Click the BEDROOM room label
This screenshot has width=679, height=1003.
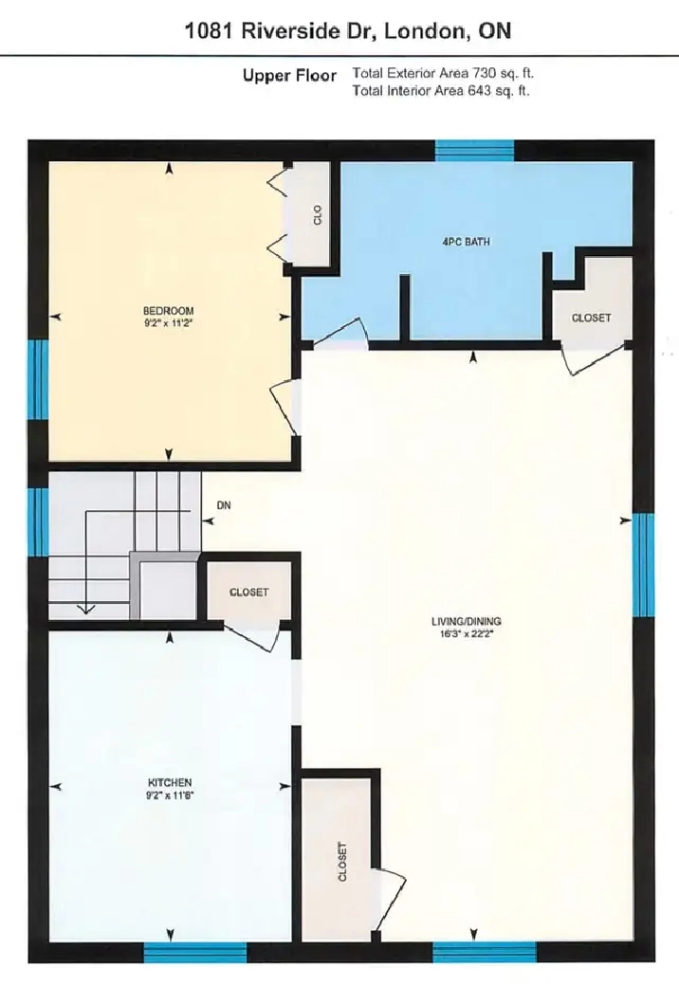click(168, 311)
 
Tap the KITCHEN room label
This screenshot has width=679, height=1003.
click(170, 782)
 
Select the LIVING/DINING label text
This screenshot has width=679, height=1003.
click(466, 621)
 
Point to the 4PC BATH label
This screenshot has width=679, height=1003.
click(466, 242)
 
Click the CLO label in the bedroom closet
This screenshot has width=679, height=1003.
click(318, 215)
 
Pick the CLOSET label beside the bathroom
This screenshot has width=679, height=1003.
click(591, 318)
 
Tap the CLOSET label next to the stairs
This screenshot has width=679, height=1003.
click(249, 593)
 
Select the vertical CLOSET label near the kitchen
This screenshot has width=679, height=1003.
click(342, 862)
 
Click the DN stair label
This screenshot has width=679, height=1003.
click(224, 505)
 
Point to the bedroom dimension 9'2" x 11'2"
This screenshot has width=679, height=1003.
click(168, 323)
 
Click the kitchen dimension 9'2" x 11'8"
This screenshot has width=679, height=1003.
click(170, 795)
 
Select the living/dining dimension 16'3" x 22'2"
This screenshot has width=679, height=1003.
click(466, 634)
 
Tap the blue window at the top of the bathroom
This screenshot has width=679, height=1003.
click(475, 151)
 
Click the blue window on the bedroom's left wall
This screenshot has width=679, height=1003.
click(38, 379)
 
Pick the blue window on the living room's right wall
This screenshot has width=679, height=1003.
click(643, 565)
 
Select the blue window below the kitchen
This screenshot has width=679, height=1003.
click(195, 953)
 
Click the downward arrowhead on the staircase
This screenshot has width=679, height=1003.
click(86, 609)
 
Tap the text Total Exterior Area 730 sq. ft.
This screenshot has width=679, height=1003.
click(443, 73)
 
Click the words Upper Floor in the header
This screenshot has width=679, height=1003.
click(289, 76)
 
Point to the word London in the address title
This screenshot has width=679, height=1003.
click(425, 31)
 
